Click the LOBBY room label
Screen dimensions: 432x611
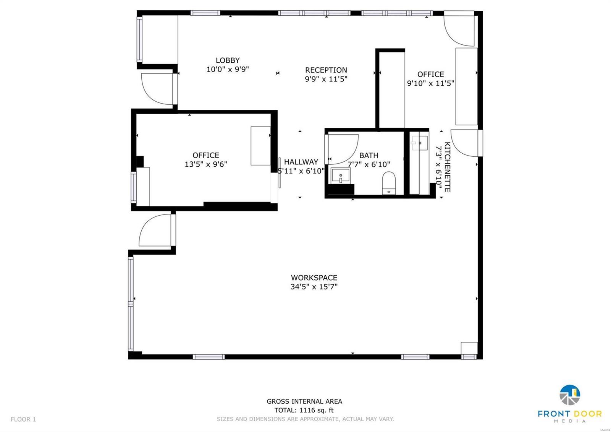(228, 60)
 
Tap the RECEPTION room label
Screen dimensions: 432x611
(326, 70)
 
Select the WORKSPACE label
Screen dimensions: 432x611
(314, 278)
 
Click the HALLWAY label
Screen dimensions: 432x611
(301, 162)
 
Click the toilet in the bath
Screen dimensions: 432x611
(389, 183)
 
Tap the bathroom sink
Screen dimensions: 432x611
(340, 176)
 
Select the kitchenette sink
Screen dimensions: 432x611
(419, 143)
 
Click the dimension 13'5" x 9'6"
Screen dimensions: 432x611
(206, 164)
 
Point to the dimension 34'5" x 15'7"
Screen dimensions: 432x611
(314, 287)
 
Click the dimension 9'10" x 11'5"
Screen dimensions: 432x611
(430, 83)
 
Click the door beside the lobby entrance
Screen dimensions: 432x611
(157, 89)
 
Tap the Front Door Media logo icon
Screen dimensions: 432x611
(570, 395)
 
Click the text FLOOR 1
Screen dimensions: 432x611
(23, 419)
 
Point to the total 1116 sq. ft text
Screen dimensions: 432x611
(304, 410)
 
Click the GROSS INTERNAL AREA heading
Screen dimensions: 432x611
(304, 401)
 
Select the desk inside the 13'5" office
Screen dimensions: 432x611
(260, 146)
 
